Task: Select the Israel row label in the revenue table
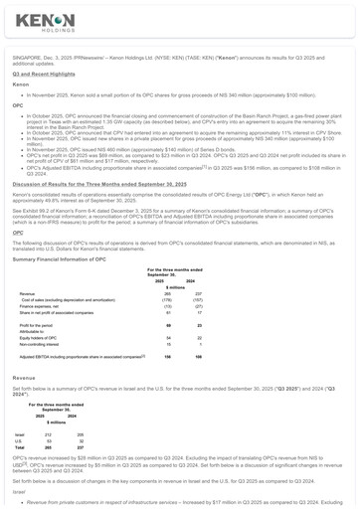pyautogui.click(x=20, y=434)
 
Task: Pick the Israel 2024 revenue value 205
pyautogui.click(x=70, y=434)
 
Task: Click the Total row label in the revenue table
pyautogui.click(x=20, y=447)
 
